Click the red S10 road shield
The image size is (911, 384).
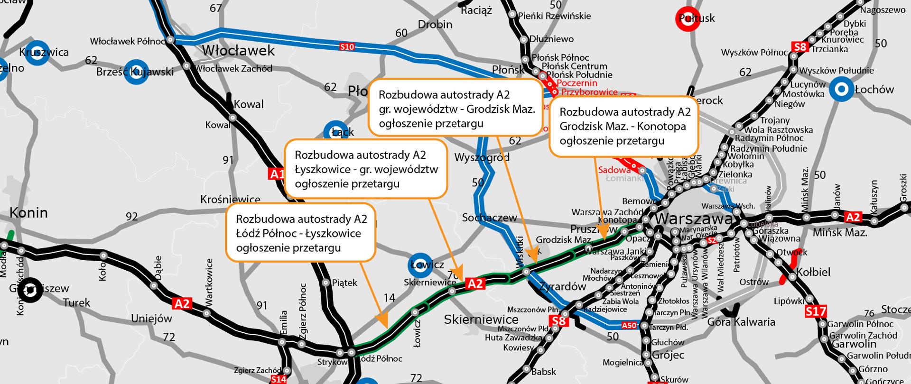click(x=347, y=46)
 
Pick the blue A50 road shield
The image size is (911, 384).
click(x=629, y=325)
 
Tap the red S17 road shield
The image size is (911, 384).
click(x=816, y=311)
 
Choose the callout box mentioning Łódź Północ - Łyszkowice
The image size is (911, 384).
click(x=300, y=233)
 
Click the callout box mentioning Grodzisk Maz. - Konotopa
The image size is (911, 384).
click(x=624, y=126)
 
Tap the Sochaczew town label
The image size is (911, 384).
click(x=489, y=218)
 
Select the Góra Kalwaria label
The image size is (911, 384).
click(x=741, y=322)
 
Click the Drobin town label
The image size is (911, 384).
click(x=435, y=24)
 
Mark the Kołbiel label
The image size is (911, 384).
click(x=813, y=272)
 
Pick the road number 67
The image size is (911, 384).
click(x=215, y=8)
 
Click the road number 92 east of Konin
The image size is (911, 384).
click(x=132, y=217)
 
